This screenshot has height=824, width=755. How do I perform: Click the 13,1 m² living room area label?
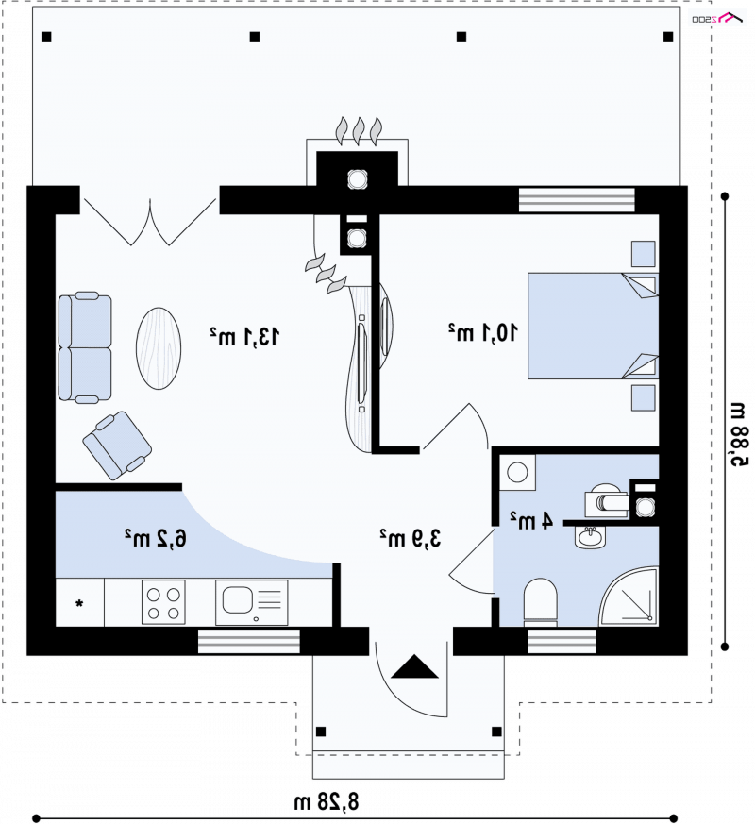pyautogui.click(x=244, y=336)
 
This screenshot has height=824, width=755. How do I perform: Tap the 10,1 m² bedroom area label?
pyautogui.click(x=483, y=332)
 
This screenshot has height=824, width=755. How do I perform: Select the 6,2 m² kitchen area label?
pyautogui.click(x=156, y=539)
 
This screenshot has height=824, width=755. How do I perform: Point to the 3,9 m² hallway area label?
pyautogui.click(x=411, y=538)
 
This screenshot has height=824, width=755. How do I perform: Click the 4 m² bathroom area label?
pyautogui.click(x=531, y=520)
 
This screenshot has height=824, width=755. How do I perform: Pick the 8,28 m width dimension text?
pyautogui.click(x=326, y=802)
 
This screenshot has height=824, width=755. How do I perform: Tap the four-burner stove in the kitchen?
pyautogui.click(x=163, y=603)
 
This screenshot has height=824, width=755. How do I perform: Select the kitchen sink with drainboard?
pyautogui.click(x=252, y=602)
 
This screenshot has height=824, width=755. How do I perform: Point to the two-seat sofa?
pyautogui.click(x=85, y=347)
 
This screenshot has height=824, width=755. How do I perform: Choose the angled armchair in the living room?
pyautogui.click(x=117, y=446)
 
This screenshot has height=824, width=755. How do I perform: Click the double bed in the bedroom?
pyautogui.click(x=593, y=326)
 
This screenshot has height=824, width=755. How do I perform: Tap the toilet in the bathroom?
pyautogui.click(x=540, y=603)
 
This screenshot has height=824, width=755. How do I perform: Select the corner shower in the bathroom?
pyautogui.click(x=629, y=597)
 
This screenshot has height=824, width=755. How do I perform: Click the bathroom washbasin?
pyautogui.click(x=590, y=538)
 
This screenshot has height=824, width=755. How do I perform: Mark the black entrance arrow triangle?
pyautogui.click(x=414, y=666)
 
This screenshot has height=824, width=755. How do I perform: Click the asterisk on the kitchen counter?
pyautogui.click(x=79, y=603)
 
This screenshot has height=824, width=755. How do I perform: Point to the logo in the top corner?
pyautogui.click(x=717, y=18)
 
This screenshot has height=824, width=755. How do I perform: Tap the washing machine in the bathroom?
pyautogui.click(x=517, y=473)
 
